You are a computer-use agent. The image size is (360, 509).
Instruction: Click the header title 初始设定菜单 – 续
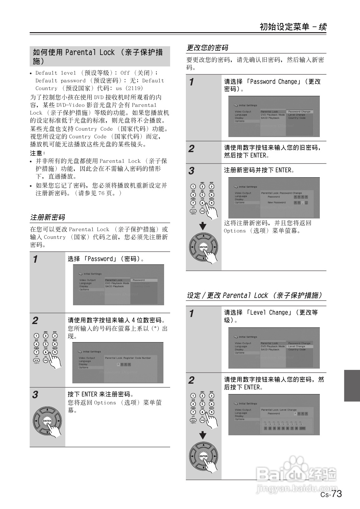click(x=293, y=27)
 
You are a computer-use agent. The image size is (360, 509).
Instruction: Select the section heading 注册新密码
click(x=48, y=217)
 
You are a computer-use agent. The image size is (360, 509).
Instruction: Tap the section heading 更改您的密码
click(x=207, y=48)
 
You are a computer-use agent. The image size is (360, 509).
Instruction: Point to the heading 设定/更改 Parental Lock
click(x=254, y=295)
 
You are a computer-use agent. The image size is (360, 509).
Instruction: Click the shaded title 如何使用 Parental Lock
click(x=97, y=56)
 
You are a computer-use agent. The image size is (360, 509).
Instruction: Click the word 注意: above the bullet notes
click(x=37, y=153)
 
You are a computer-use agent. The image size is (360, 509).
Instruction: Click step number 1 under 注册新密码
click(x=35, y=259)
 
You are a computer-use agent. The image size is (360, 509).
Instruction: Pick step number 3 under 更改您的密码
click(x=191, y=171)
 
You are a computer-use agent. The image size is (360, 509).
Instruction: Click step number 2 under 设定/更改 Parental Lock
click(x=191, y=380)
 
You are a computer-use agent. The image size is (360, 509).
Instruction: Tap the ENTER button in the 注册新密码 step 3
click(x=47, y=421)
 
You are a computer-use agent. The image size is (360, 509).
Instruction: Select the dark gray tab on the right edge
click(x=352, y=385)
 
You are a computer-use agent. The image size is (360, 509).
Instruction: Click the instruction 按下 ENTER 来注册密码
click(x=100, y=394)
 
